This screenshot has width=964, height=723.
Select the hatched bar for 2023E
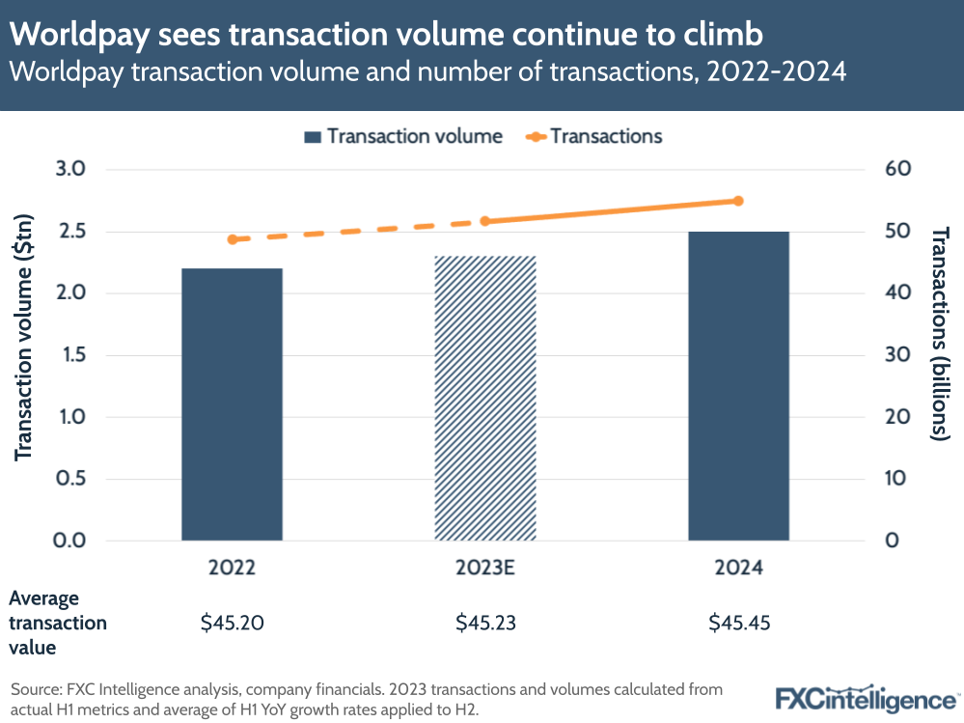[485, 398]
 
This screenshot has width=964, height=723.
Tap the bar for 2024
[738, 385]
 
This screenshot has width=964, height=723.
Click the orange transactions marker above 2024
[738, 201]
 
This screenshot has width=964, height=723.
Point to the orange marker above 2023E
[485, 221]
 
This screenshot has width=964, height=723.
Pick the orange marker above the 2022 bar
[232, 239]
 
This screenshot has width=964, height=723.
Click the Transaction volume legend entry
[402, 136]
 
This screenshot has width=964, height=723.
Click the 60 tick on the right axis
[897, 170]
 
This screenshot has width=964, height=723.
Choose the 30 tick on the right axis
[897, 355]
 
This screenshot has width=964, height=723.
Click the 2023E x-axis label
[485, 569]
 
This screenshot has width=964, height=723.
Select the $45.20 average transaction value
[232, 623]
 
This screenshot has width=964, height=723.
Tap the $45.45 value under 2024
[738, 623]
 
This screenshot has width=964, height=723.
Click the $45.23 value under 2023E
[485, 623]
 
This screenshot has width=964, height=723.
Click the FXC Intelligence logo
[866, 697]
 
